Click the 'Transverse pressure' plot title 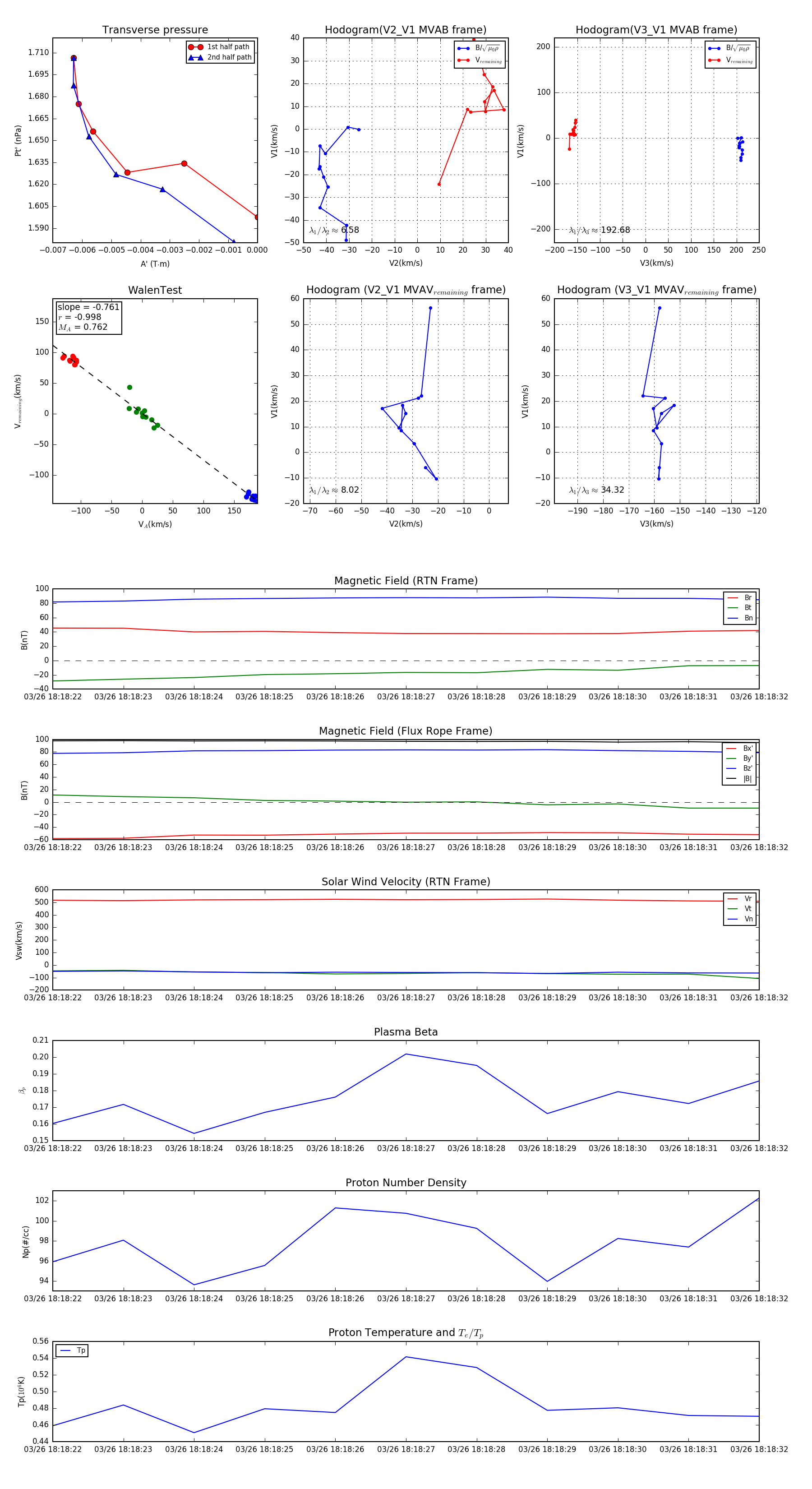point(155,30)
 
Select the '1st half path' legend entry point(228,47)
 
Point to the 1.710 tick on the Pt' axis point(39,53)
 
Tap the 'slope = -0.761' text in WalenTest point(88,307)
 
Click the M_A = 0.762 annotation point(83,327)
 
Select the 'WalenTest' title point(155,290)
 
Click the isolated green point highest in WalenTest point(129,387)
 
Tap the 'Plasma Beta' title point(406,1032)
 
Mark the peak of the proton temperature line point(406,1357)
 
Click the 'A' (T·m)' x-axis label point(155,264)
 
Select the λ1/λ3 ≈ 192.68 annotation point(600,230)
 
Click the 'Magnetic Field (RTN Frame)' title point(406,581)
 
